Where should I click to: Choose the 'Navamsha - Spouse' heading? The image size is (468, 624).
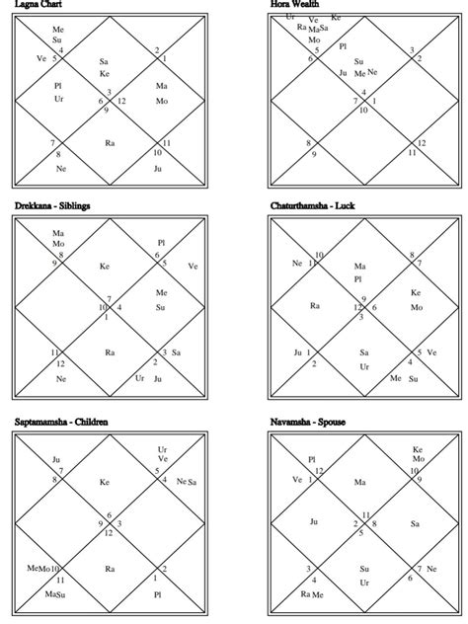(307, 422)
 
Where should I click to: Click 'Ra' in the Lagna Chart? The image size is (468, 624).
(110, 143)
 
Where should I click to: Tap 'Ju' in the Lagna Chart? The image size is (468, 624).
(157, 168)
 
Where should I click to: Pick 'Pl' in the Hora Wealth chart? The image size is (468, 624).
(343, 45)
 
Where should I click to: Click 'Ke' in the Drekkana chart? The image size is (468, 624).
(105, 266)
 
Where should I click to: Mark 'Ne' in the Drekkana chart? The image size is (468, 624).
(60, 378)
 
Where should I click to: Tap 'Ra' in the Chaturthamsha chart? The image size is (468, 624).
(315, 306)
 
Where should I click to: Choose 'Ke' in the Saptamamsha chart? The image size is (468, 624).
(105, 482)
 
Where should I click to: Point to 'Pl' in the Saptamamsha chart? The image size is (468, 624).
(157, 594)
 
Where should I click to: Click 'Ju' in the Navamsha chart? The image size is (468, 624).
(314, 521)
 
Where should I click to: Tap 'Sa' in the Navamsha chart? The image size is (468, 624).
(415, 523)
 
